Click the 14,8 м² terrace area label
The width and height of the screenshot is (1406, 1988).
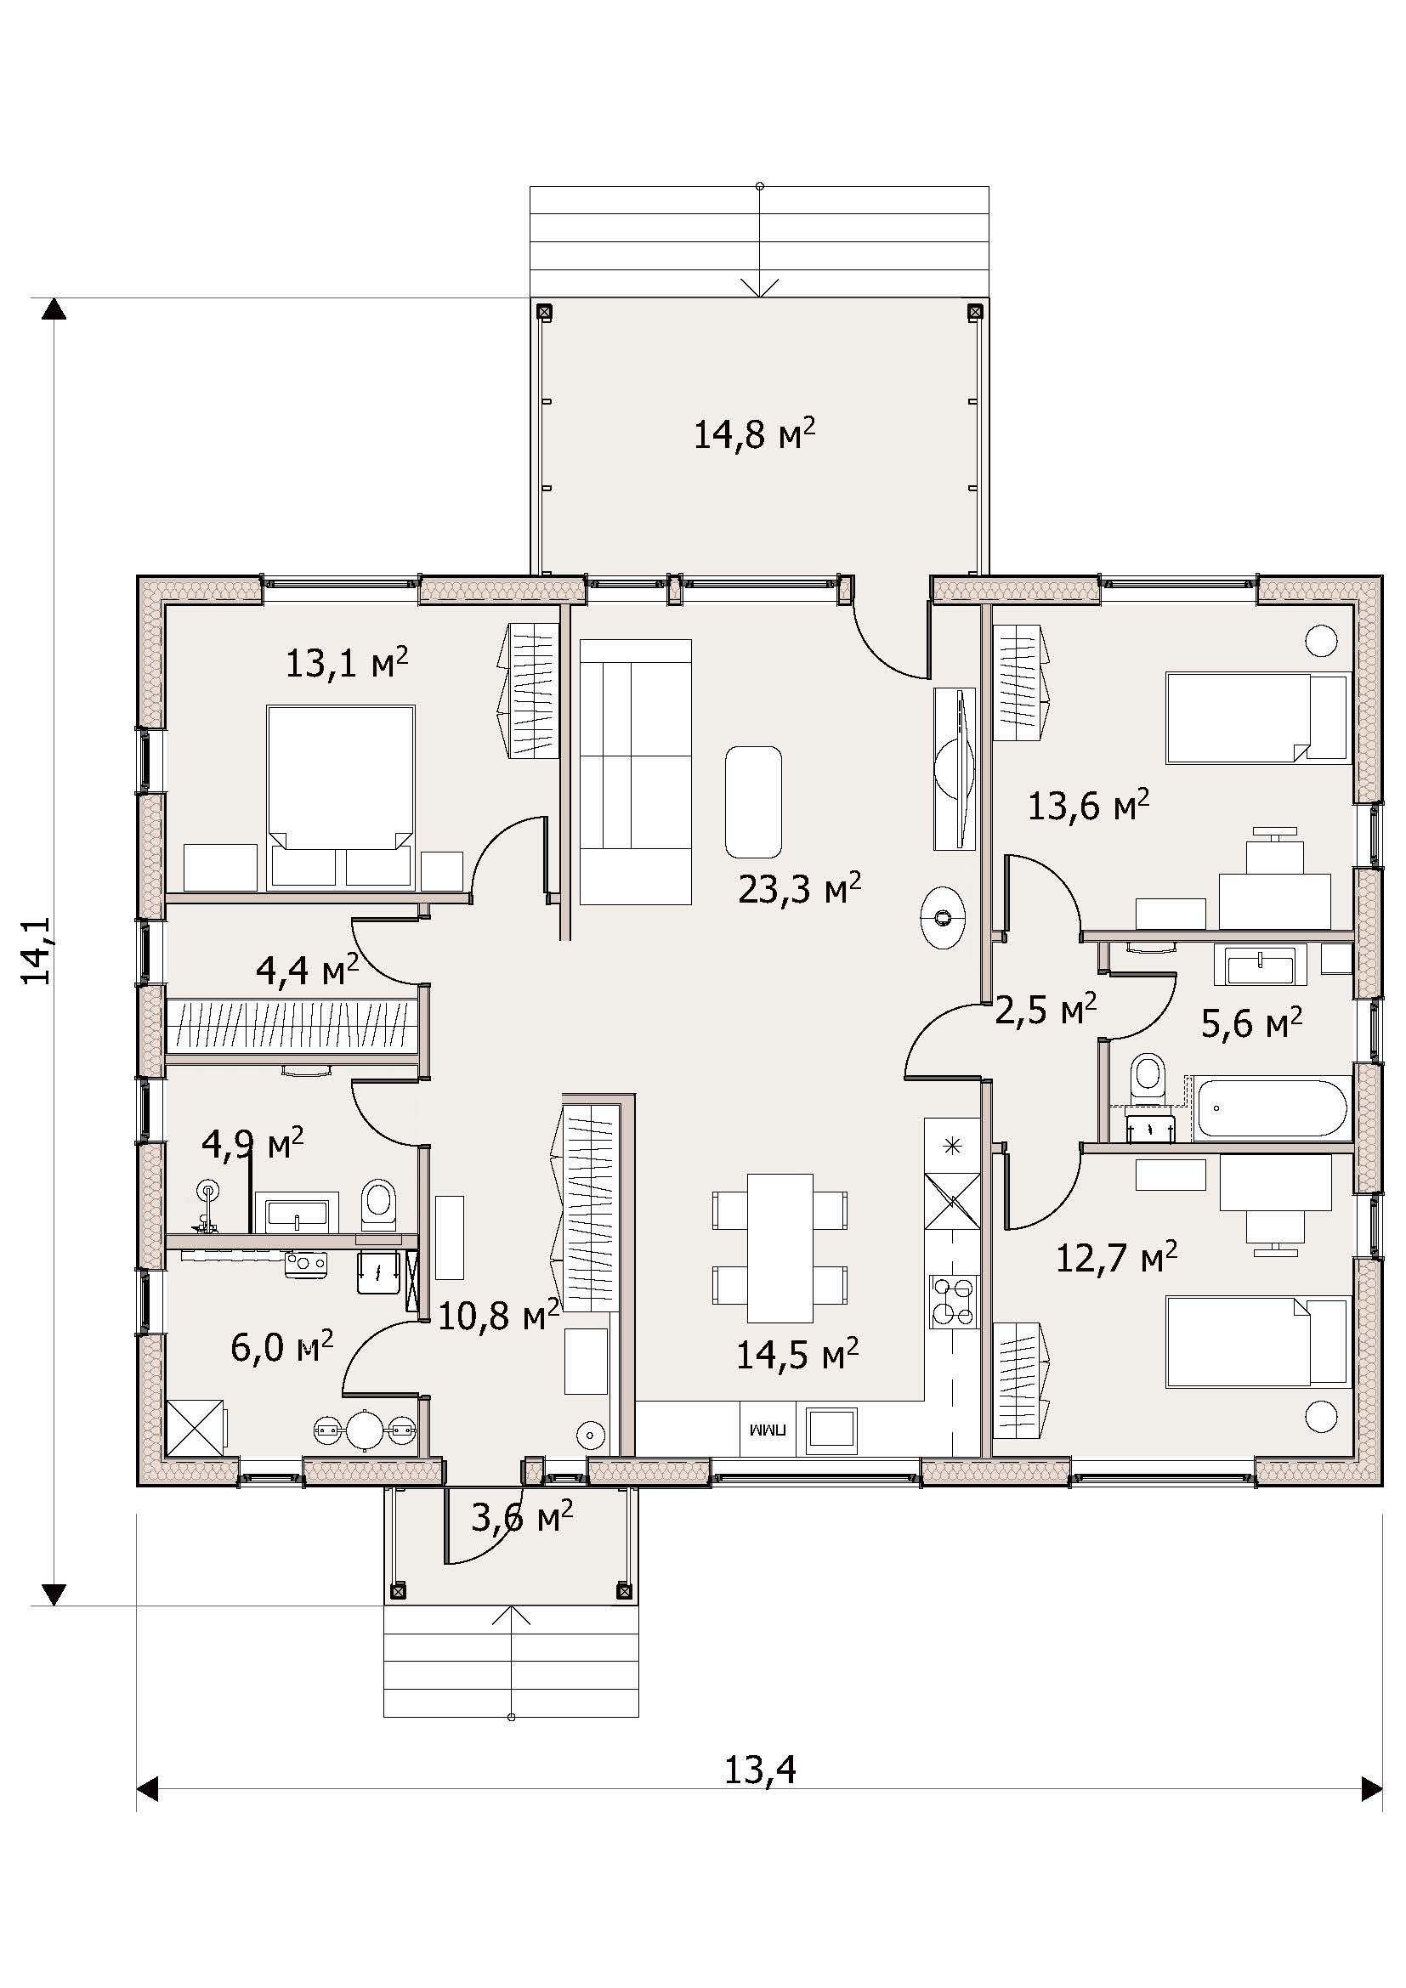coord(754,433)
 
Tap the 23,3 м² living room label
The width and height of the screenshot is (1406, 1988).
coord(799,888)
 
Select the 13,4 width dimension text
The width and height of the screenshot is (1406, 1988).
coord(759,1770)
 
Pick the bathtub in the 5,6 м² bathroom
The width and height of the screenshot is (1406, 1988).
coord(1272,1107)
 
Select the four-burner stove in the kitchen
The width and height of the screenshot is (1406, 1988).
coord(952,1301)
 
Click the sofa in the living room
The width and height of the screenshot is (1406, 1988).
coord(636,773)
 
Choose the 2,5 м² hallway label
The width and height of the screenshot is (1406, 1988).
coord(1046,1010)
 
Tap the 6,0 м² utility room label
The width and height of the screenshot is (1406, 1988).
coord(282,1347)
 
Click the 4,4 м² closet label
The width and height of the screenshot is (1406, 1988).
coord(308,971)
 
